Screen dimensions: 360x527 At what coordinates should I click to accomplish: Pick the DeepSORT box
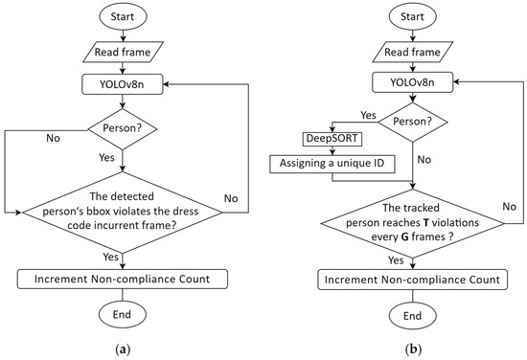[x=332, y=140]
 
